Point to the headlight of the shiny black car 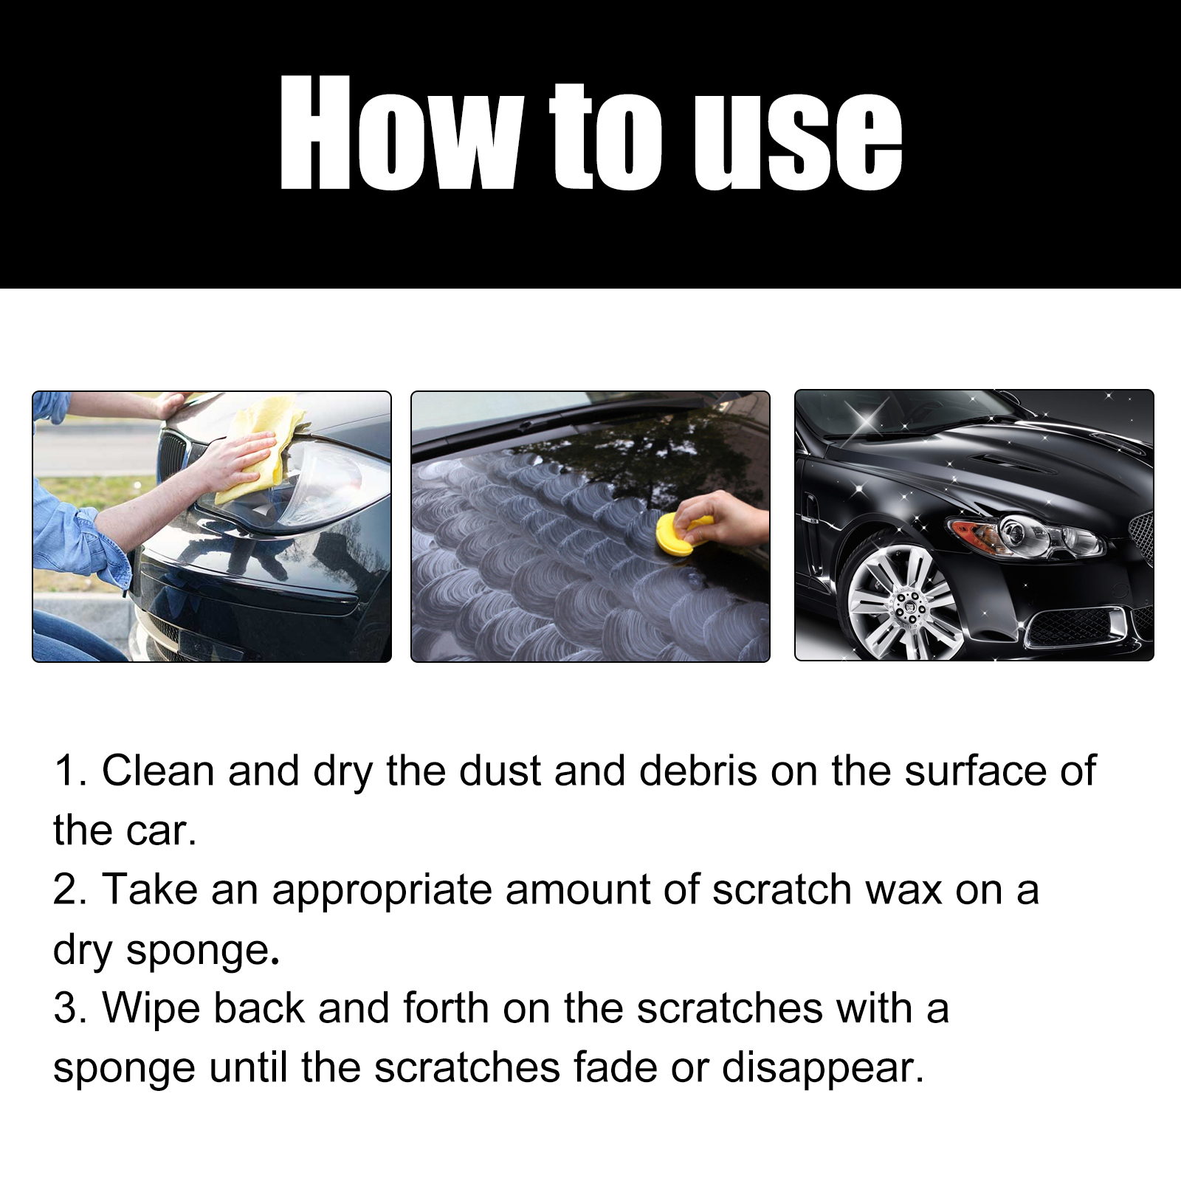[1033, 535]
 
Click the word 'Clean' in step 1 [158, 771]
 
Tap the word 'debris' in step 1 [698, 771]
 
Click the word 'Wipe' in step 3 [151, 1009]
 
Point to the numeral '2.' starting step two [70, 890]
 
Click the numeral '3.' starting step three [70, 1009]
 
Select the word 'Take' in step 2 [149, 890]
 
